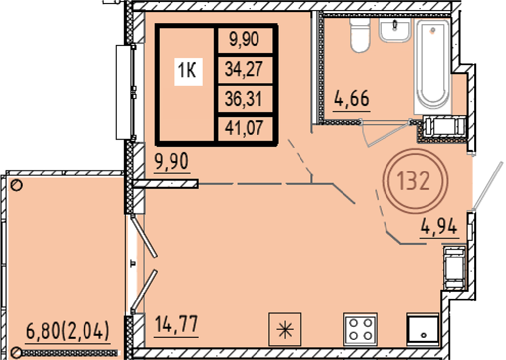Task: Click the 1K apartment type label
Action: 187,70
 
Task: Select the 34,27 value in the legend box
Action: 244,69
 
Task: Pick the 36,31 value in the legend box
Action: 244,99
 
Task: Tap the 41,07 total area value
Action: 244,127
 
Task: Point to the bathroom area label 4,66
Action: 352,99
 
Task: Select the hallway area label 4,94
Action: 439,226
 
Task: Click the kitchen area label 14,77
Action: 176,324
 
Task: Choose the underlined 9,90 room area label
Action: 172,161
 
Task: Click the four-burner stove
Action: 360,329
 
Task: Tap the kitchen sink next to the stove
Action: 423,329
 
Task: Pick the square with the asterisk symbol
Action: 284,329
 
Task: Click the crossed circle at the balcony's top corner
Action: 17,185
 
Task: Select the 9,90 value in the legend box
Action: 244,39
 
